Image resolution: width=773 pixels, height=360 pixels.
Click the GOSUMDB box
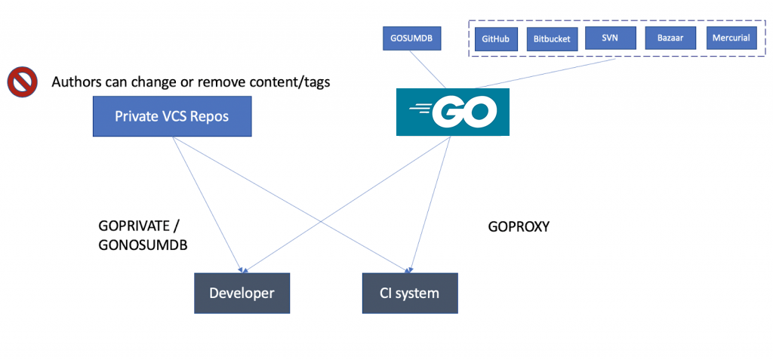[x=411, y=37]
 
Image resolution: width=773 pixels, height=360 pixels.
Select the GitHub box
[x=495, y=38]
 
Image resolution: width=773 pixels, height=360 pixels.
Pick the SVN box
[x=610, y=37]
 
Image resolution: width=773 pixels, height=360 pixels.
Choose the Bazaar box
[x=670, y=37]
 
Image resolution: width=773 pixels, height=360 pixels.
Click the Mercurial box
[x=731, y=37]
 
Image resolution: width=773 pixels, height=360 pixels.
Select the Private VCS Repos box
[x=171, y=116]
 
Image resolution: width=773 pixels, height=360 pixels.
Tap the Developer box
[x=242, y=293]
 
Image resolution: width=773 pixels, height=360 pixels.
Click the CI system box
[x=408, y=293]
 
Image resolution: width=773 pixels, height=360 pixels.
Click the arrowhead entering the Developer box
[x=242, y=269]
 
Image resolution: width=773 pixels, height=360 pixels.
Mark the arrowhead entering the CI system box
[x=408, y=269]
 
